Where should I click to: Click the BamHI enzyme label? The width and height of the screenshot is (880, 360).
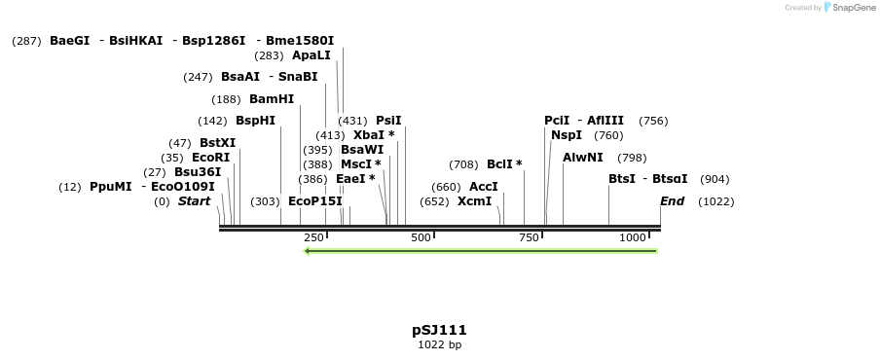(x=272, y=99)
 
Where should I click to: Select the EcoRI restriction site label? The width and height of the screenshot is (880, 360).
(x=210, y=158)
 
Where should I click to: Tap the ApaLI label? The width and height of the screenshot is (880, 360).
(x=312, y=55)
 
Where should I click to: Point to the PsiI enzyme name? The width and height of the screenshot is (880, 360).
(x=388, y=121)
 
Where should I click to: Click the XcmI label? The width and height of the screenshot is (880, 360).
(x=475, y=201)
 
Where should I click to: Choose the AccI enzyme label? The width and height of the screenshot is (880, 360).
(x=484, y=187)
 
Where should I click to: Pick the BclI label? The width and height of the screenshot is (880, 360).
(x=504, y=164)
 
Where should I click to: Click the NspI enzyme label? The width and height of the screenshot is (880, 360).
(x=567, y=135)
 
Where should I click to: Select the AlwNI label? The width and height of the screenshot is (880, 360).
(x=583, y=158)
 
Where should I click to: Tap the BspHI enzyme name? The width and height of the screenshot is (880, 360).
(x=255, y=121)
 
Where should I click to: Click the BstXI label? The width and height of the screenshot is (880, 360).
(x=217, y=143)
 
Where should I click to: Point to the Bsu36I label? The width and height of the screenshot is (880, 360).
(x=198, y=172)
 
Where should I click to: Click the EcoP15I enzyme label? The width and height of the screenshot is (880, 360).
(x=315, y=201)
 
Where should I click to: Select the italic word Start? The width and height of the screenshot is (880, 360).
(x=194, y=201)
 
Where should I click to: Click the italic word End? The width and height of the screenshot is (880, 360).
(x=672, y=201)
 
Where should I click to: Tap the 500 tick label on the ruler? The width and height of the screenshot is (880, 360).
(x=421, y=238)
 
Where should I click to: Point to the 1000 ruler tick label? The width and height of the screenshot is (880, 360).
(x=633, y=238)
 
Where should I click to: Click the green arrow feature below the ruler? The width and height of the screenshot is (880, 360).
(x=481, y=251)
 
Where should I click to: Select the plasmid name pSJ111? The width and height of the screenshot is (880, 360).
(x=440, y=330)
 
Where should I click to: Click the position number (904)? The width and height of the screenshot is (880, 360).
(x=715, y=179)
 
